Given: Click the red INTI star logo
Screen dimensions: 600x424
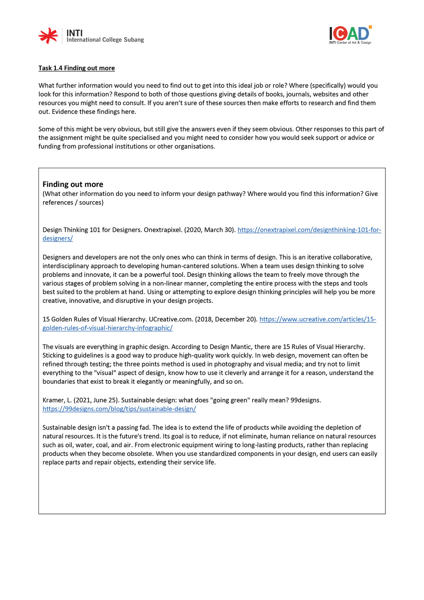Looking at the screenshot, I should [x=48, y=36].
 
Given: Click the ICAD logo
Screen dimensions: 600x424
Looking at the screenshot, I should [x=350, y=35].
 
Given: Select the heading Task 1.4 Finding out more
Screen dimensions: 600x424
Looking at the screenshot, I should [x=77, y=68].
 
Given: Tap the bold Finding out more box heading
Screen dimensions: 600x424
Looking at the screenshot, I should [x=73, y=184].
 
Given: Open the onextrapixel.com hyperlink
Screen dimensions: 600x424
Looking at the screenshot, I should [x=309, y=230].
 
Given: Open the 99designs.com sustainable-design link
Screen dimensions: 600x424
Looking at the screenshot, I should [x=119, y=409].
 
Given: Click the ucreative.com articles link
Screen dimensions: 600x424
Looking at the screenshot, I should [x=318, y=319].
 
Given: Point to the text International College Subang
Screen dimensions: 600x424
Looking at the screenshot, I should [x=105, y=40].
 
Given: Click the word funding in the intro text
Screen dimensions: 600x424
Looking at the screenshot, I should [x=50, y=146].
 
